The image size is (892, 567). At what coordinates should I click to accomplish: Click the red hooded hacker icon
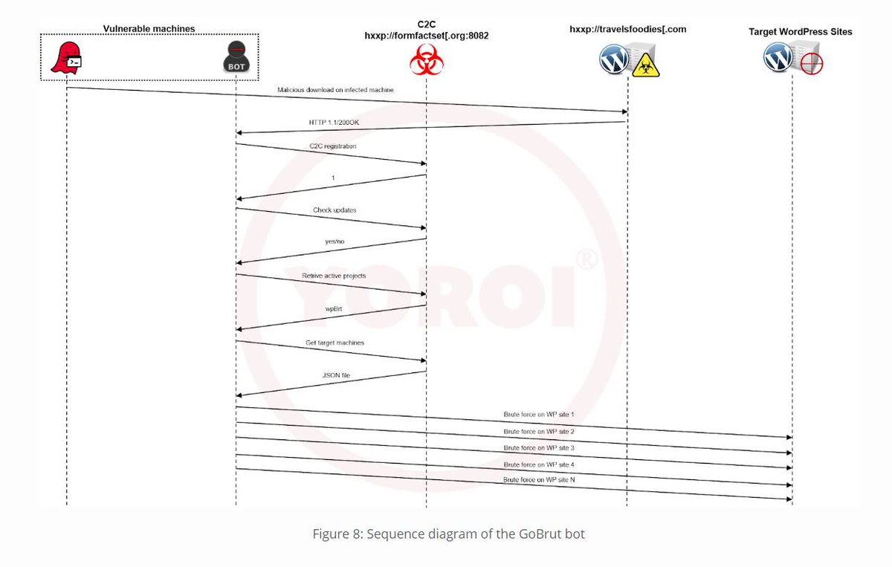(66, 59)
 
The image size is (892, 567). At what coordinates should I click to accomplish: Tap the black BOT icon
(236, 58)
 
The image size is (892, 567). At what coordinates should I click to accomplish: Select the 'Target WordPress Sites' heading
(800, 32)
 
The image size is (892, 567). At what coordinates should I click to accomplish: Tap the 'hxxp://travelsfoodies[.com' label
(627, 30)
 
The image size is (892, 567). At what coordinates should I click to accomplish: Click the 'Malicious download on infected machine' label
(335, 90)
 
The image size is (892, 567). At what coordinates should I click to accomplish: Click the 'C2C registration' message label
(332, 146)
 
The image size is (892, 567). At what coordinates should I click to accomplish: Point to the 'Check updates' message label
(334, 210)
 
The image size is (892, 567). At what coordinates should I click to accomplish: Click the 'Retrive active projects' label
(334, 276)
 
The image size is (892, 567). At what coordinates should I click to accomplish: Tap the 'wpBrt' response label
(332, 308)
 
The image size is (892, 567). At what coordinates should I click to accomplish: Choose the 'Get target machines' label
(334, 343)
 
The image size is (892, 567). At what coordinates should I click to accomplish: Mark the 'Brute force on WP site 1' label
(539, 414)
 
